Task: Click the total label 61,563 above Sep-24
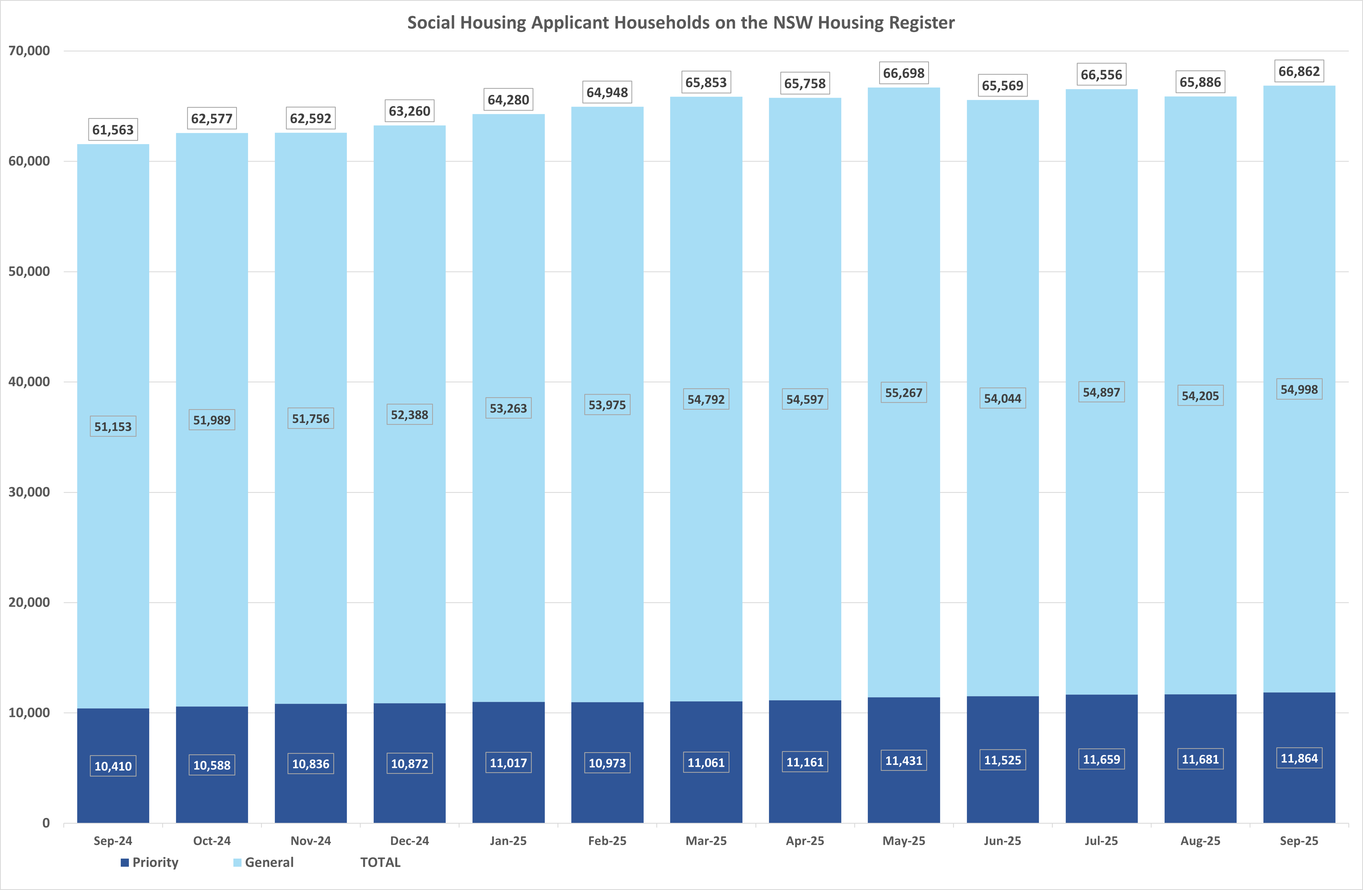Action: click(113, 130)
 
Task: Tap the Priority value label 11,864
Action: click(1299, 758)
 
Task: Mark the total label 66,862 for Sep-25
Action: click(1299, 71)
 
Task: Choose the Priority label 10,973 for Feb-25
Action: click(607, 763)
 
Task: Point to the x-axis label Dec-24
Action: click(409, 841)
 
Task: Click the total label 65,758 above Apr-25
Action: click(805, 84)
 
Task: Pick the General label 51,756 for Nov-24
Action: click(310, 419)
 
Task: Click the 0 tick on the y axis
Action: click(46, 823)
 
